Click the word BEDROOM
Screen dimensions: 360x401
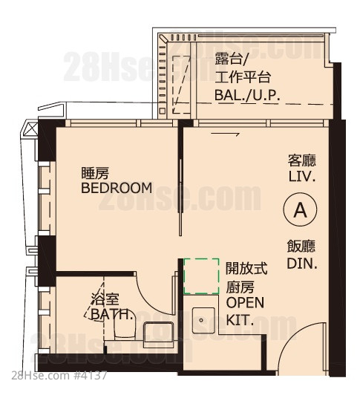[x=117, y=188]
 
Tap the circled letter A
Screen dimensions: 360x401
[x=300, y=209]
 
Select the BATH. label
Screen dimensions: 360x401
[x=113, y=315]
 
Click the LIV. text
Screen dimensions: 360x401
[x=302, y=177]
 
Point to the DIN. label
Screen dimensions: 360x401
[x=302, y=264]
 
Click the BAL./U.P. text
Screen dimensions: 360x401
[x=247, y=95]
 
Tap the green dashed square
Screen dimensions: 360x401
[x=201, y=276]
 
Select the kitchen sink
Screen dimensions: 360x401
[x=203, y=321]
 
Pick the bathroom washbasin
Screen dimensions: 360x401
[x=159, y=334]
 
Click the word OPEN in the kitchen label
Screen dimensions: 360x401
[x=245, y=302]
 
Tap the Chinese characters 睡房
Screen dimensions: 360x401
[x=95, y=173]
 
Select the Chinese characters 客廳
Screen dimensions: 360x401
[x=302, y=160]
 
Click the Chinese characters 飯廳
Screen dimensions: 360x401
[x=301, y=247]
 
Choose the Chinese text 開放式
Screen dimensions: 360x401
[x=246, y=268]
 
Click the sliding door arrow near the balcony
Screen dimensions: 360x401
[x=225, y=134]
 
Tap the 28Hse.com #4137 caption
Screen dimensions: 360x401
[x=59, y=376]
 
